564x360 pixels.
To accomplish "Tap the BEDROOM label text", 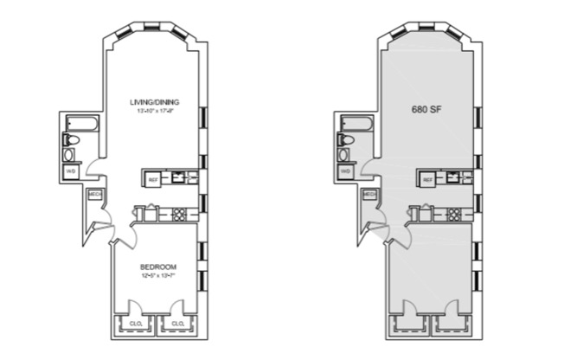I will [157, 267].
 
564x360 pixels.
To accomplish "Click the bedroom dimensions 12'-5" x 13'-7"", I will [157, 275].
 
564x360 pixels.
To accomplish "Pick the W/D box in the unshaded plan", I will [71, 171].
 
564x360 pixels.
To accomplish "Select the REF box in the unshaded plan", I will [153, 179].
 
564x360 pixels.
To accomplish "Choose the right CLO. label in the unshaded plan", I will [177, 324].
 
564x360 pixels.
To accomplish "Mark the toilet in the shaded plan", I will [348, 138].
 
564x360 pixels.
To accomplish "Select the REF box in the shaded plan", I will [428, 179].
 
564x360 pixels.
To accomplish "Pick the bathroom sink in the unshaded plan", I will [70, 155].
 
